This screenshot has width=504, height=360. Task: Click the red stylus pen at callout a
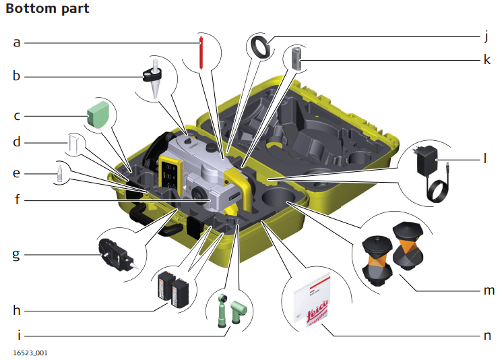pos(201,54)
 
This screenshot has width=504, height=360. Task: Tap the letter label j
pos(485,35)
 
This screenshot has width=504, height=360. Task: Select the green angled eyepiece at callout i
pos(232,311)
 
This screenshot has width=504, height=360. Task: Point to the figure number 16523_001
pos(30,353)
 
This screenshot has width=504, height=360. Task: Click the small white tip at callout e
pos(59,173)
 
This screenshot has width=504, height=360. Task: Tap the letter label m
pos(489,291)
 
